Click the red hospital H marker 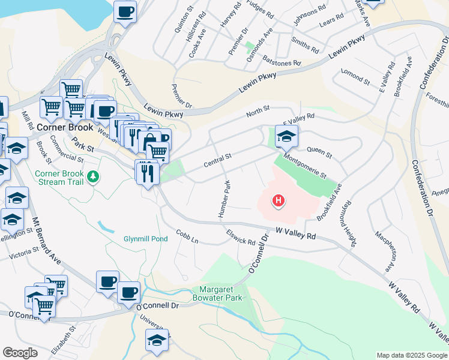[278, 200]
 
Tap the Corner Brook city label [65, 127]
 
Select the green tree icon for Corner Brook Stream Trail [92, 176]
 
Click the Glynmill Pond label [145, 238]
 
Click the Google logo [20, 353]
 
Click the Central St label [217, 159]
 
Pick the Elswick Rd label [241, 238]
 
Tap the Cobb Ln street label [187, 236]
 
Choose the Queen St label [319, 152]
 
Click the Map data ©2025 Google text [411, 355]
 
